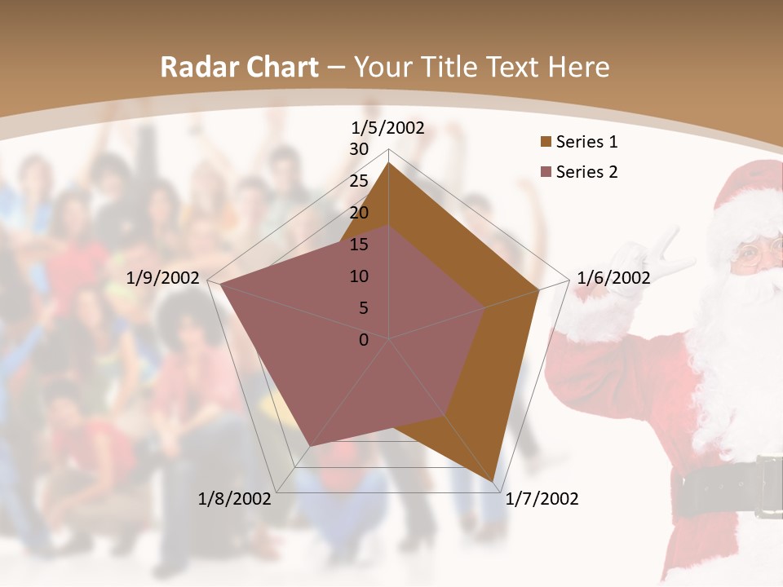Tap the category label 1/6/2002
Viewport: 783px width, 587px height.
point(613,278)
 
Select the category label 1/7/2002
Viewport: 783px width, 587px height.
point(542,499)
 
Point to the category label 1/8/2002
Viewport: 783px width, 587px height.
point(235,499)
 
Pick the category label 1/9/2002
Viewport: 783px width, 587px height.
point(163,278)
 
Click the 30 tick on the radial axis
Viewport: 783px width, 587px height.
point(359,149)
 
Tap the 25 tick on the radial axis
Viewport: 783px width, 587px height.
point(359,181)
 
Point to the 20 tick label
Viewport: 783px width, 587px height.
point(359,213)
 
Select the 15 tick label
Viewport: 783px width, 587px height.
point(359,245)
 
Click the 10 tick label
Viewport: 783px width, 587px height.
point(359,276)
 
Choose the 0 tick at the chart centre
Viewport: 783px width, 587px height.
point(364,340)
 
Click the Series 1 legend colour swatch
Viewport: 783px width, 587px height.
point(545,143)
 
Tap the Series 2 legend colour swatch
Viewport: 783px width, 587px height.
point(545,172)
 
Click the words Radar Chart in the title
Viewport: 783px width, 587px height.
point(239,68)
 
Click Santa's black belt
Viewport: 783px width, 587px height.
point(726,488)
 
